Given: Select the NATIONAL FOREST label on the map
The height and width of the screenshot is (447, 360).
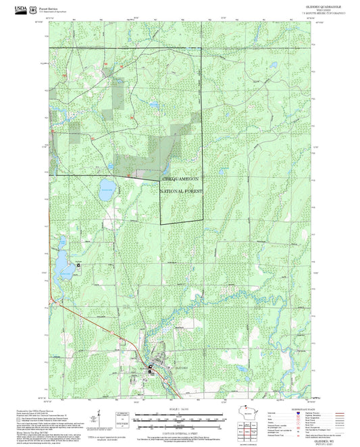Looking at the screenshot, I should point(181,192).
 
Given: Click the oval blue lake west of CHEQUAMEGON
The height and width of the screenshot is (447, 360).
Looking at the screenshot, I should point(107,186).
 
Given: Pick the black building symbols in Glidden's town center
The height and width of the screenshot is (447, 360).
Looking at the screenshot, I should point(152,368).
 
